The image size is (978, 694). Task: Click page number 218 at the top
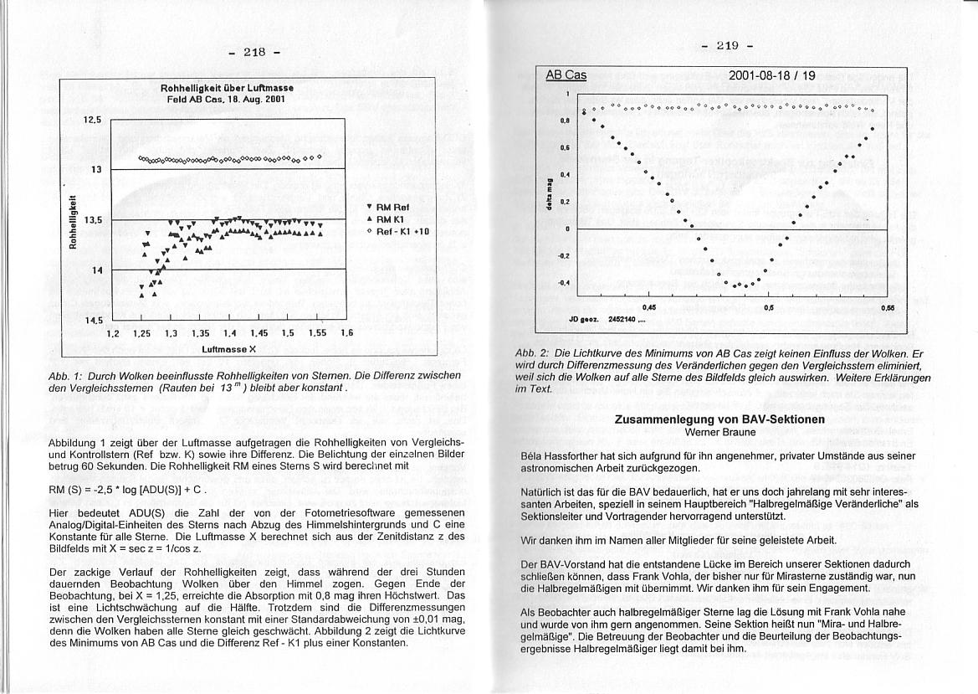pos(253,52)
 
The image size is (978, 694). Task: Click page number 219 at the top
pos(727,45)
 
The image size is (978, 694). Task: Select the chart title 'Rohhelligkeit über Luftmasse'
pos(227,88)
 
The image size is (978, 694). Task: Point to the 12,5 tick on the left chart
pos(92,120)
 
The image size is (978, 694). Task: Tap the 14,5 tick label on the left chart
pos(92,320)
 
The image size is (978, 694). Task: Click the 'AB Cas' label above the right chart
pos(566,75)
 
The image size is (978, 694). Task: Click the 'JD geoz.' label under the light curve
pos(582,319)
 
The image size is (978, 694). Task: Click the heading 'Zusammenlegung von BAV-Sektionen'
pos(719,419)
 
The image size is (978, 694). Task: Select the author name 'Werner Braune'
pos(719,432)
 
